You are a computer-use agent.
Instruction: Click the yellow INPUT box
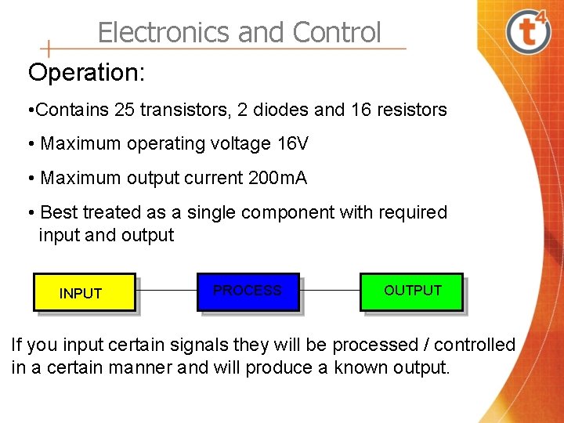click(84, 292)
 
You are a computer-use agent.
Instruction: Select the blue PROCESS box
click(248, 291)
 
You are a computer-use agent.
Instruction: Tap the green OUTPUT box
click(411, 291)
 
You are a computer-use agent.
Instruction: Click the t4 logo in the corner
click(528, 31)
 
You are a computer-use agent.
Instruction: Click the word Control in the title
click(337, 32)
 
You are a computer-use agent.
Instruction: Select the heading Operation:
click(86, 72)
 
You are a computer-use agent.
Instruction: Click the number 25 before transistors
click(124, 110)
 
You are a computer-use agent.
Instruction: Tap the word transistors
click(175, 110)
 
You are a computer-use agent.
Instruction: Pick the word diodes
click(284, 110)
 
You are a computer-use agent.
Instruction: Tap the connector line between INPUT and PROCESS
click(166, 291)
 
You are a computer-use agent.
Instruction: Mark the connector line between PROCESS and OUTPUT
click(330, 291)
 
